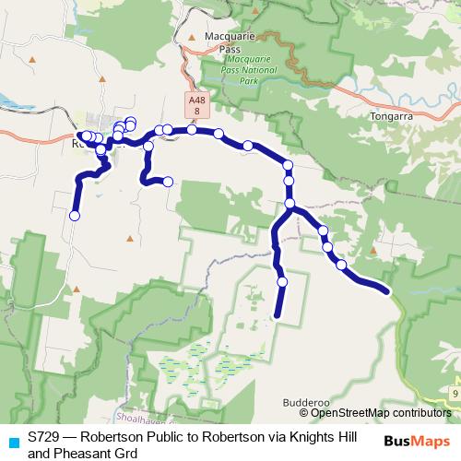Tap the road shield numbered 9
[x=455, y=394]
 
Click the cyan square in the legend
[x=13, y=442]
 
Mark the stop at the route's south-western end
[x=75, y=216]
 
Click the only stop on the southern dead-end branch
[x=282, y=281]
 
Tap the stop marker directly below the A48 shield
[x=192, y=130]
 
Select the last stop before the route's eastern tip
[x=341, y=265]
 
